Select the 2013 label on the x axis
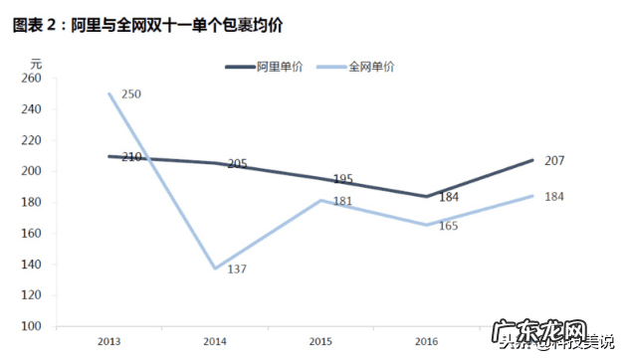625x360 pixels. tap(110, 341)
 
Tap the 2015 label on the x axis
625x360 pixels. tap(321, 341)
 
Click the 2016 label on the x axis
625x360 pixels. tap(427, 341)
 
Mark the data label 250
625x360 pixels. tap(131, 94)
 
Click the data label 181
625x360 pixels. tap(341, 202)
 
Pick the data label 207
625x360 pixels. tap(555, 160)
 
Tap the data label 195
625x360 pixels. tap(342, 179)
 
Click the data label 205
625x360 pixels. tap(237, 163)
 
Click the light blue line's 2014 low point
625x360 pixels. tap(216, 269)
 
